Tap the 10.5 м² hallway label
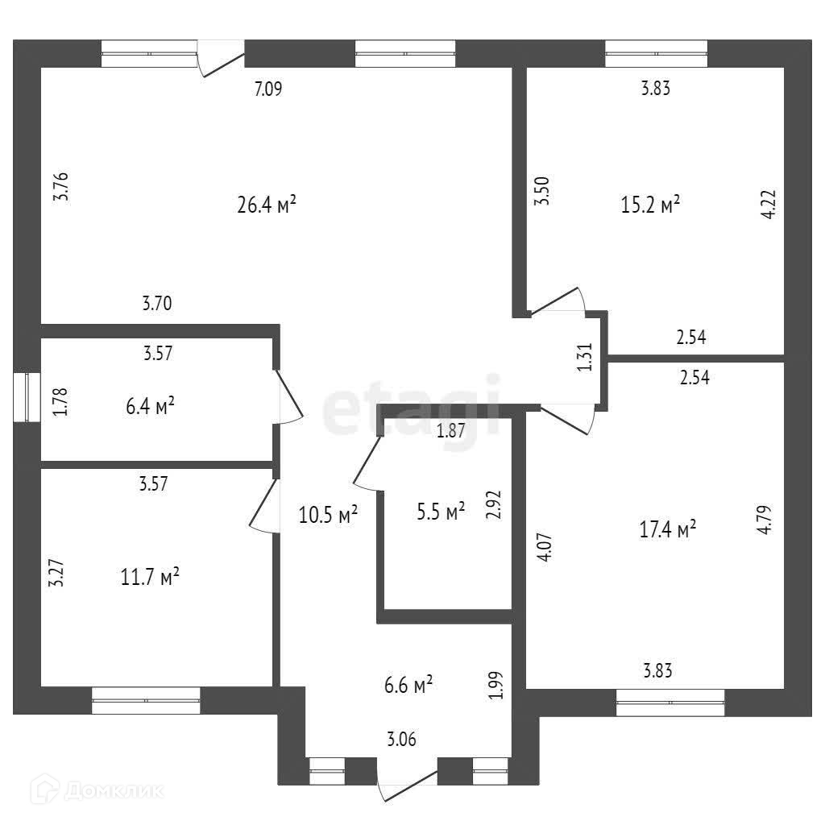[x=326, y=514]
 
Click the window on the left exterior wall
[x=27, y=396]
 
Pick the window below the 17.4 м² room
[x=670, y=702]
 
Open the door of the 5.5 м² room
[x=367, y=464]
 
